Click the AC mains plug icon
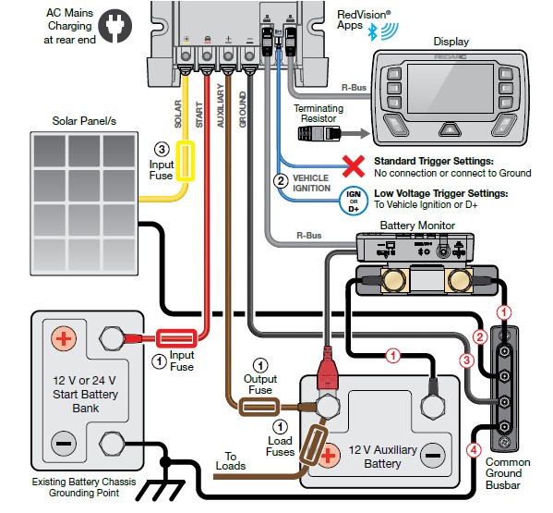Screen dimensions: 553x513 tap(115, 26)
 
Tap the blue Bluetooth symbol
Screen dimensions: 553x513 tap(372, 32)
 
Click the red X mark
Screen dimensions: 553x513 tap(354, 166)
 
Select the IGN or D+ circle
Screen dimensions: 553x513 tap(354, 202)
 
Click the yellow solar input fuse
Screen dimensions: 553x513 tap(186, 161)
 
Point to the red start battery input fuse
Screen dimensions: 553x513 tap(176, 338)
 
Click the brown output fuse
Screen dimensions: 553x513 tap(259, 407)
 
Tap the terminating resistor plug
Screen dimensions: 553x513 tap(319, 134)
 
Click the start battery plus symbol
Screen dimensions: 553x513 tap(64, 338)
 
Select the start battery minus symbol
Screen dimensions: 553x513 tap(64, 444)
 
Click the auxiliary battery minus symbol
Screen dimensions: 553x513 tap(433, 456)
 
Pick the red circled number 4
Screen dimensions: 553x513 tap(474, 450)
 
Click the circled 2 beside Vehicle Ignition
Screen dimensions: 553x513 tap(281, 181)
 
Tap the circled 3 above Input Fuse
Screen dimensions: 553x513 tap(162, 150)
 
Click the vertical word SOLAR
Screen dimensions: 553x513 tap(178, 114)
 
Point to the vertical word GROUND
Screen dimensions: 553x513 tap(243, 109)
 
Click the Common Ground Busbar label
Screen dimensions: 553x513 tap(508, 473)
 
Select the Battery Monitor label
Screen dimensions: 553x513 tap(417, 226)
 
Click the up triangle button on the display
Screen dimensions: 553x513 tap(450, 129)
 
